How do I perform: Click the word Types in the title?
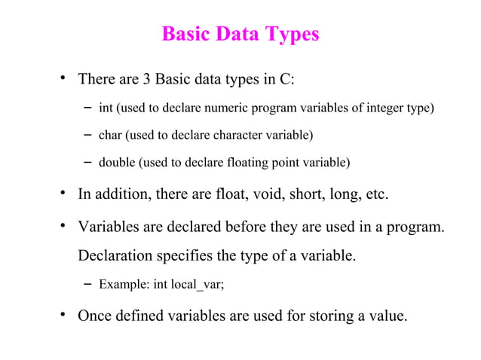290,35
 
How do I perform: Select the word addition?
121,194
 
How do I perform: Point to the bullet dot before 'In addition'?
64,194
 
